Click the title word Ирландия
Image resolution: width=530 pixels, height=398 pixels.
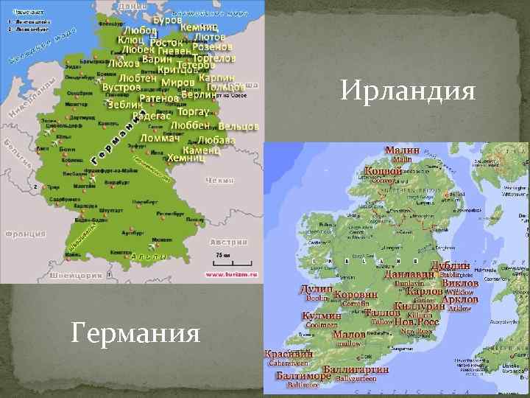pos(409,93)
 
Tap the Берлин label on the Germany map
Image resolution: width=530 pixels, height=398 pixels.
pos(198,94)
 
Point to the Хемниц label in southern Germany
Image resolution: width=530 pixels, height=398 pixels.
pos(186,158)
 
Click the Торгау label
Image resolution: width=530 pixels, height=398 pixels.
pos(194,112)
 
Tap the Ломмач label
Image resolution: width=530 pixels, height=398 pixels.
pos(160,139)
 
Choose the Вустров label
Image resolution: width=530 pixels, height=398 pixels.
pos(121,87)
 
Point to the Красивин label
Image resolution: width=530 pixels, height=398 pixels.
pos(290,354)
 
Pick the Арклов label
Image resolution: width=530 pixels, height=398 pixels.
pos(460,299)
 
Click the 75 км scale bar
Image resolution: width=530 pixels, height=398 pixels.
pos(221,257)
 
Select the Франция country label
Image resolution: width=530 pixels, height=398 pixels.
pos(24,234)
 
